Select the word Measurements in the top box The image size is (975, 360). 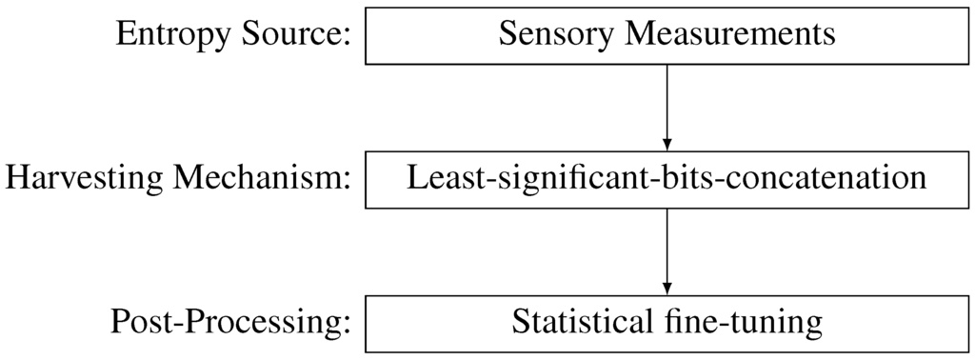729,35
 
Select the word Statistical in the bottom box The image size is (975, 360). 581,323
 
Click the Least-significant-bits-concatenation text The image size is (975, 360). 667,179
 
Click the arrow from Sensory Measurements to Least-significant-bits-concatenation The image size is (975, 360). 667,105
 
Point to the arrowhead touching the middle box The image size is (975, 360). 667,143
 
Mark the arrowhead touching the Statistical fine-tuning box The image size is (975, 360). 667,287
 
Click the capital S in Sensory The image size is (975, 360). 507,35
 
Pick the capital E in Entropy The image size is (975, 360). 127,35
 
